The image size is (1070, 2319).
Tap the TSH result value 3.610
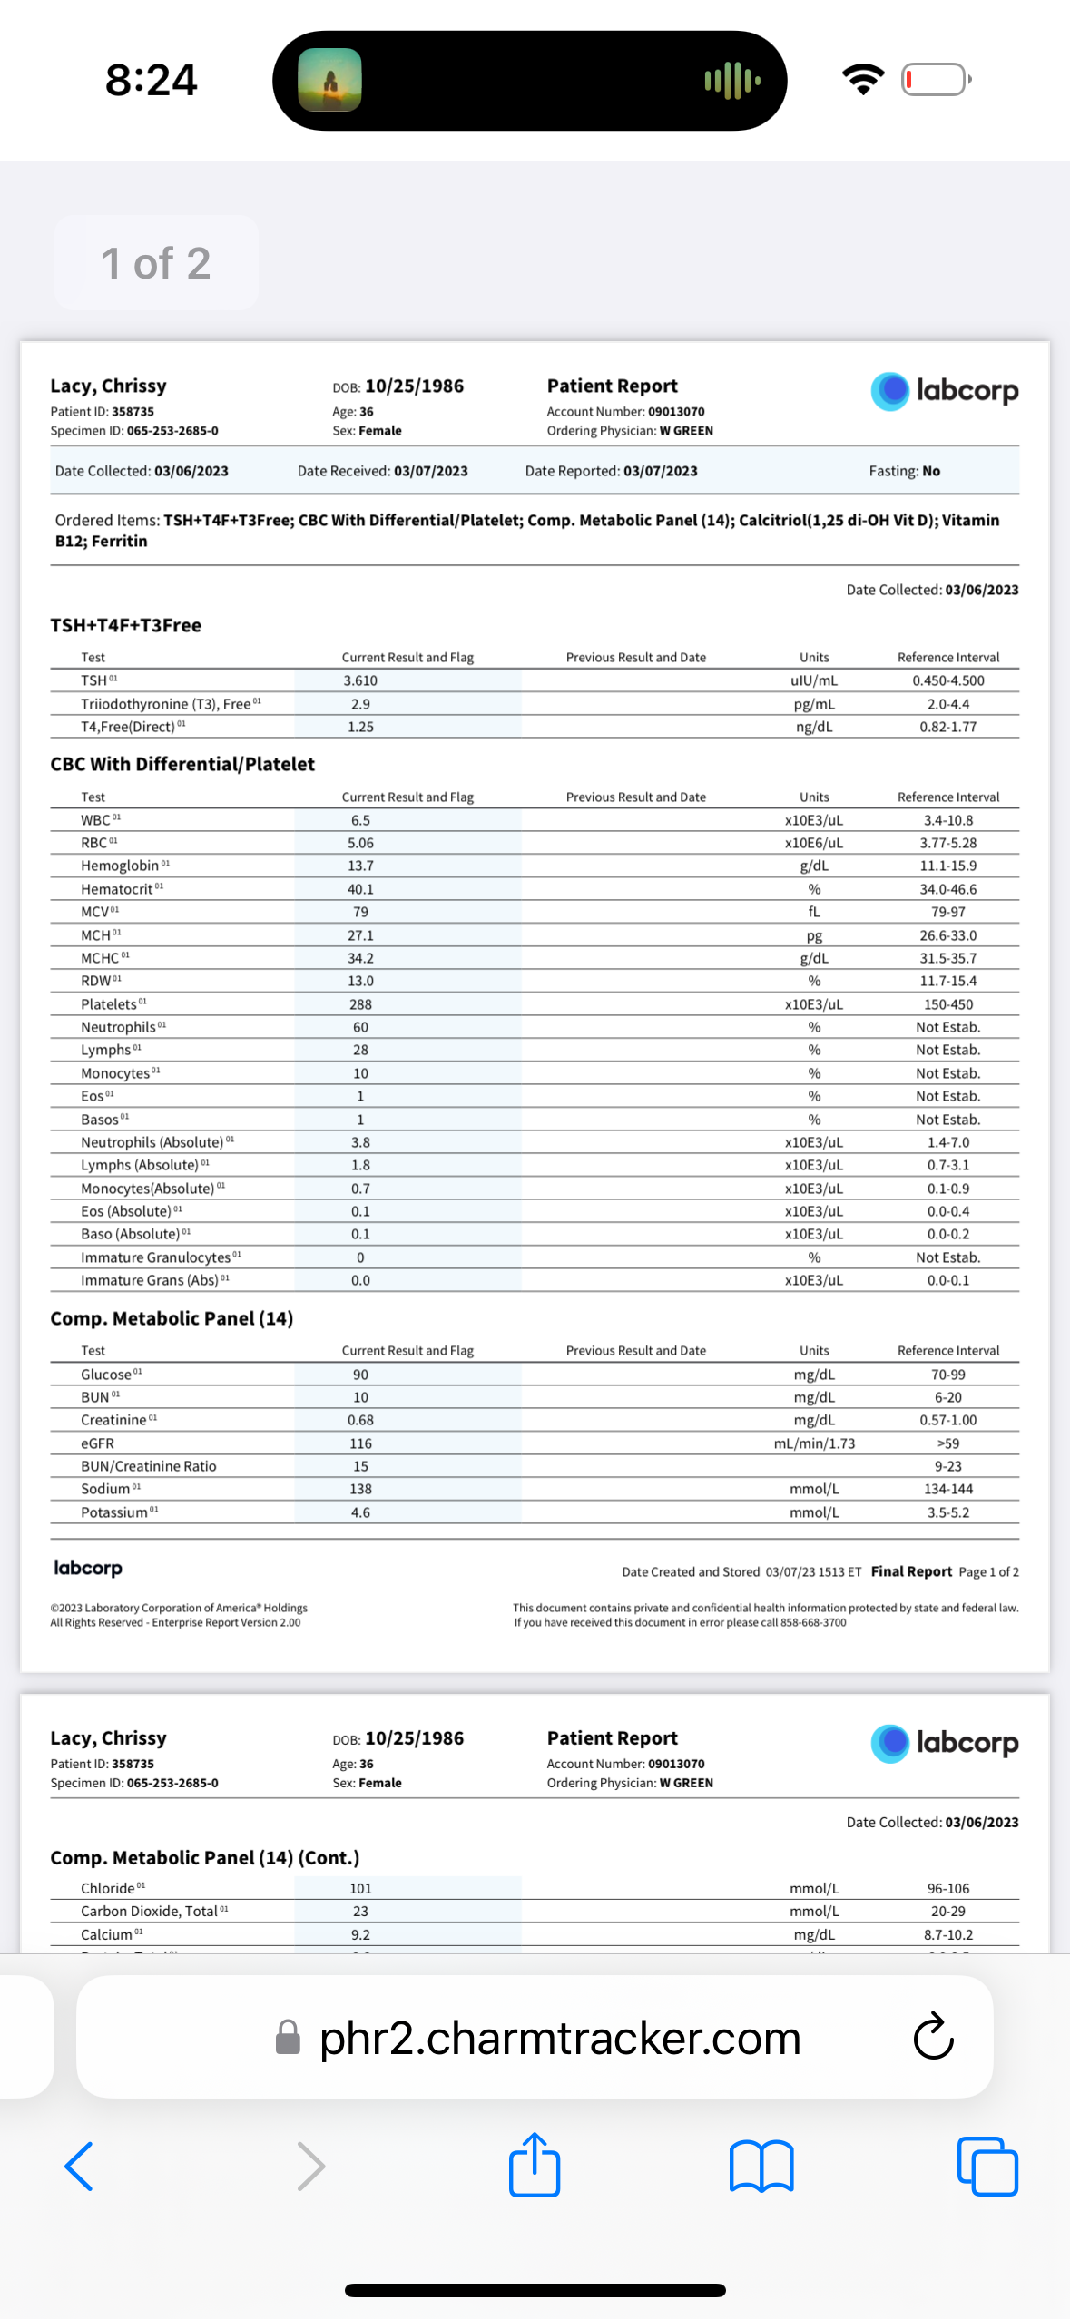point(360,680)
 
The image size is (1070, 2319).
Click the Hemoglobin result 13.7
point(360,866)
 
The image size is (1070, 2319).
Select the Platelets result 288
point(360,1004)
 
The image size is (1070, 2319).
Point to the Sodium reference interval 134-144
point(947,1489)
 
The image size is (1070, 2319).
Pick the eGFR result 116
point(360,1443)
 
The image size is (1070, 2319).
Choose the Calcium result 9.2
point(360,1934)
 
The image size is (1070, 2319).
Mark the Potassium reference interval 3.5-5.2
point(947,1512)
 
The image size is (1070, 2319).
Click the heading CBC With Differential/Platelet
point(182,764)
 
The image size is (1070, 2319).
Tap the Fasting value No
point(931,471)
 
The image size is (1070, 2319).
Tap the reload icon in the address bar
point(933,2037)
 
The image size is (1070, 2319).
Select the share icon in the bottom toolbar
point(535,2165)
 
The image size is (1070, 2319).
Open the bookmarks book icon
point(761,2167)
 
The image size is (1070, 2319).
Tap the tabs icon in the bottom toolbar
point(987,2167)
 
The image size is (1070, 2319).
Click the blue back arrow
point(79,2167)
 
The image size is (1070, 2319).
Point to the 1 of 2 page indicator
point(156,263)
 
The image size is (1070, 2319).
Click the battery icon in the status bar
point(936,80)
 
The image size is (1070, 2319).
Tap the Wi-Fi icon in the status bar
point(863,80)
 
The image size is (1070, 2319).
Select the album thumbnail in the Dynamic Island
point(330,80)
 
